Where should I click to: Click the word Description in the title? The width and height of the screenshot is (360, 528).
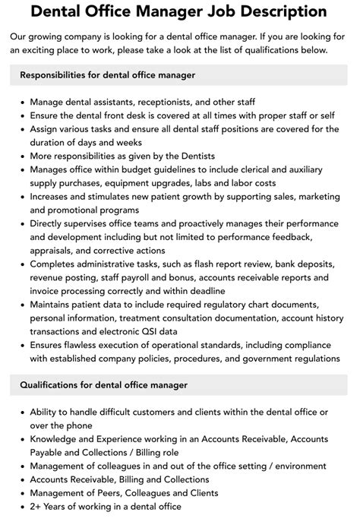tap(278, 12)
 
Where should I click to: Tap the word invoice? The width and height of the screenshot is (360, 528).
tap(46, 292)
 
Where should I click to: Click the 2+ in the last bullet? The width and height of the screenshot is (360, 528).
tap(37, 507)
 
